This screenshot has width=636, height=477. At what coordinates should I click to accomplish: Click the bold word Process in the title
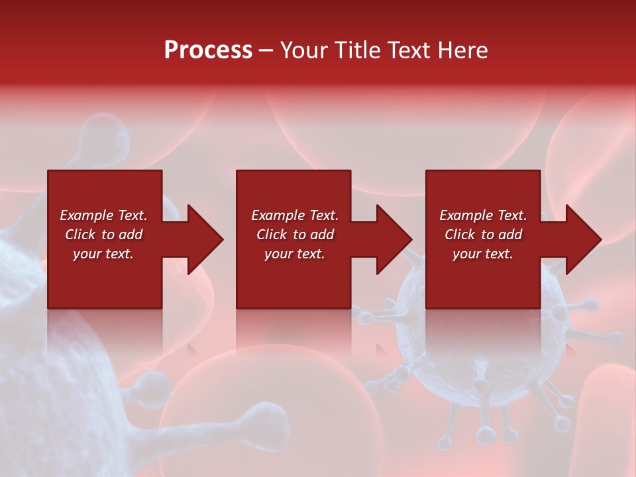tap(208, 50)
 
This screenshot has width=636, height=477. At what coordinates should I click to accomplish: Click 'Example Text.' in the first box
tap(103, 215)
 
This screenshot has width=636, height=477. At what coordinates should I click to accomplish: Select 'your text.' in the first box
tap(103, 254)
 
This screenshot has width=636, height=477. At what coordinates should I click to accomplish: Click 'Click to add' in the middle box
tap(295, 235)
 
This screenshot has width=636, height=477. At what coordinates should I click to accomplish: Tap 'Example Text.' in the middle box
tap(295, 215)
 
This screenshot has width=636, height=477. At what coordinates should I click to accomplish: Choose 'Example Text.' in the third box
tap(483, 215)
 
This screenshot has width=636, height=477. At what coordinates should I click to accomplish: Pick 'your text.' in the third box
tap(483, 254)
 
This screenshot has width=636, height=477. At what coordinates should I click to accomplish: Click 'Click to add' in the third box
tap(483, 235)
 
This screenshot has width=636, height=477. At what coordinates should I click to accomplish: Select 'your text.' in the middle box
tap(295, 254)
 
